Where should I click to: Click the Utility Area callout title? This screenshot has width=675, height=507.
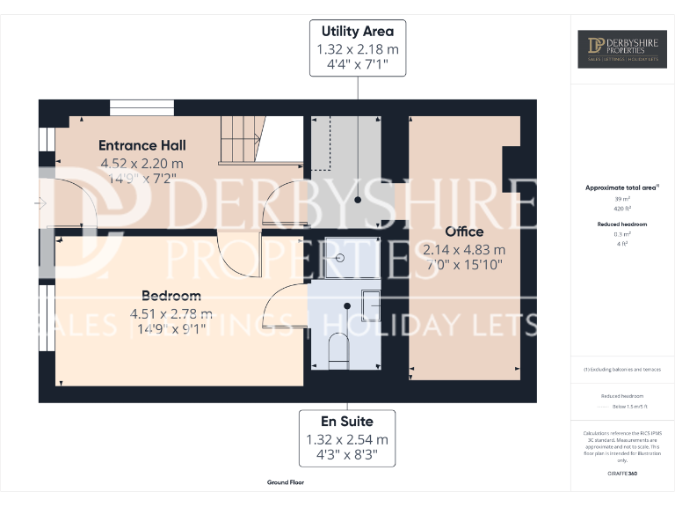[x=357, y=32]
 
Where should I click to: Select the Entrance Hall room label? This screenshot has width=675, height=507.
[x=142, y=145]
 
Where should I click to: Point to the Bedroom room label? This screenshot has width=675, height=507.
[x=171, y=296]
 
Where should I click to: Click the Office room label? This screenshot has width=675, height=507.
[x=464, y=231]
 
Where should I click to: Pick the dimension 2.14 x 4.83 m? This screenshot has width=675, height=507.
[x=464, y=249]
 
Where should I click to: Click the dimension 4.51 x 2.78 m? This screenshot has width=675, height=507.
[x=171, y=313]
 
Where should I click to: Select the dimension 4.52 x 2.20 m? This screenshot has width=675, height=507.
[x=142, y=163]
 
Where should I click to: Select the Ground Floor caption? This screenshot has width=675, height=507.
[x=285, y=482]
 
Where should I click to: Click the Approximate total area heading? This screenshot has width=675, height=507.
[x=621, y=187]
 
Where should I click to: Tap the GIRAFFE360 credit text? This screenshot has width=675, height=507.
[x=621, y=474]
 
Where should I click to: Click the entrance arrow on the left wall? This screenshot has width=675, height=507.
[x=40, y=203]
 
